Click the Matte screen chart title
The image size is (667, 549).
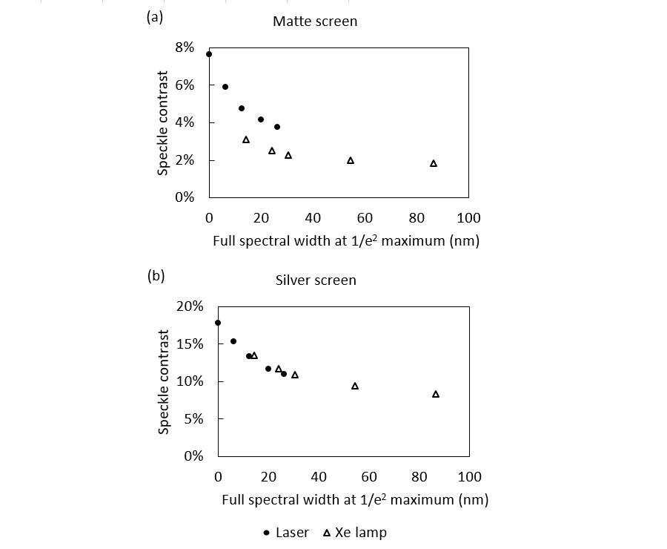[314, 22]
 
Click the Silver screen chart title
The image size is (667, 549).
[315, 280]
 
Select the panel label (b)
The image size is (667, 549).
[156, 276]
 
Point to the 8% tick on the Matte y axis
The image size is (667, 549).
[185, 47]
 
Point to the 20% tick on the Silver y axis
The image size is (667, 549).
[189, 306]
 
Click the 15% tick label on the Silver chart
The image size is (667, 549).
[189, 343]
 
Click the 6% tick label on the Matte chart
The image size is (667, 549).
[185, 85]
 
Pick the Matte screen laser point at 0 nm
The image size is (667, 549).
[209, 54]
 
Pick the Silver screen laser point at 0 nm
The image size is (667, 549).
[218, 323]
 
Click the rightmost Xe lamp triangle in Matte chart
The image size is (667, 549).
[434, 163]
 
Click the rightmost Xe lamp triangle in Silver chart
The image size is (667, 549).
[436, 394]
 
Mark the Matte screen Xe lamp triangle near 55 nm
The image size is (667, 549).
[351, 160]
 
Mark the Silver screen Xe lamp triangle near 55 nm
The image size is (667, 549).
[355, 386]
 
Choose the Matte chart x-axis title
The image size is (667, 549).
[346, 241]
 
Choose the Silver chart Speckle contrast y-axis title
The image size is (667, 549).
[164, 382]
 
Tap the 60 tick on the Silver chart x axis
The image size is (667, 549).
[369, 476]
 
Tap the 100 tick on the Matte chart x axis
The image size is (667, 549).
[468, 217]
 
